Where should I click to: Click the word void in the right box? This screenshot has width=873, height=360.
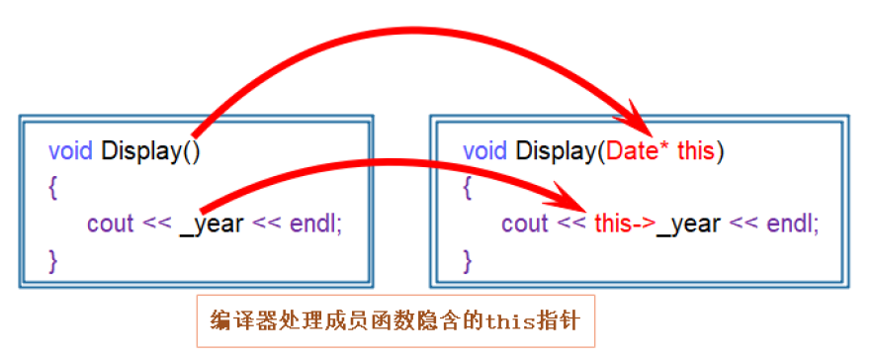pos(485,151)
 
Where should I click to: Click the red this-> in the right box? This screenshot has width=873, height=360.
pos(625,224)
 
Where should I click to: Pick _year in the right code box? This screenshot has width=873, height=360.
pos(689,224)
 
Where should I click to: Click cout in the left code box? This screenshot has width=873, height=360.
pos(110,224)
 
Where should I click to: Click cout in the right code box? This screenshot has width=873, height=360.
pos(524,224)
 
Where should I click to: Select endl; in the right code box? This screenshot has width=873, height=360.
pos(792,224)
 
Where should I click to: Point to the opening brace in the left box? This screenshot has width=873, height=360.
pos(53,187)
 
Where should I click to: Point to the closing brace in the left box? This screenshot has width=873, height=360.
pos(53,260)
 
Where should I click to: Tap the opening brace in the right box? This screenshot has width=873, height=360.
pos(468,187)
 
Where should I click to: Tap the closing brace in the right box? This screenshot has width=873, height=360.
pos(468,260)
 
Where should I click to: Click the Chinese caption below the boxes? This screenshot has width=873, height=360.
pos(394,321)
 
